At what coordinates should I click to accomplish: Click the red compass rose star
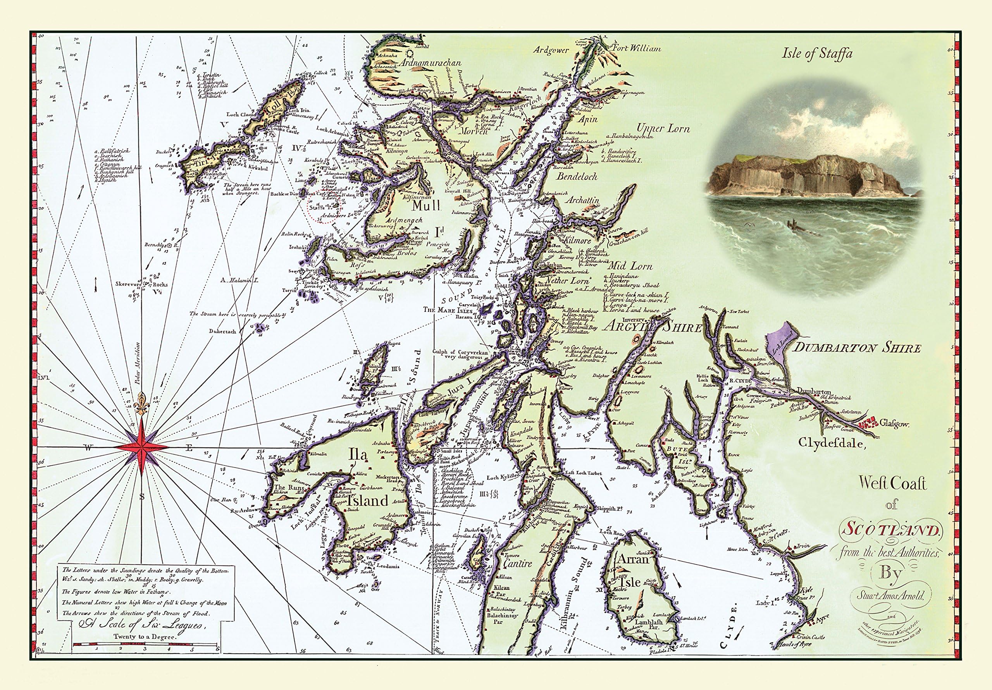[142, 448]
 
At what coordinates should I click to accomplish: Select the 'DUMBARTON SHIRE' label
[858, 348]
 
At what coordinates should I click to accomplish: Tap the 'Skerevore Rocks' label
[141, 284]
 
